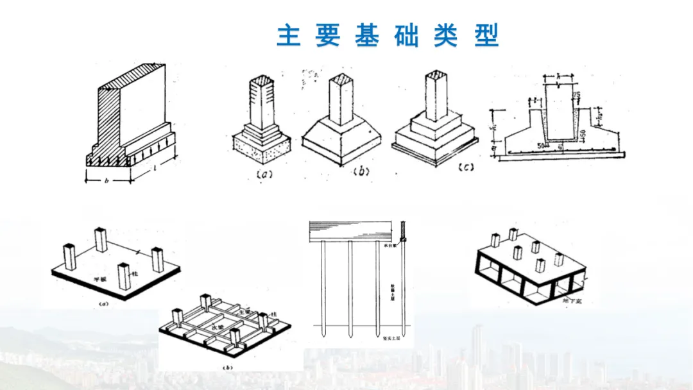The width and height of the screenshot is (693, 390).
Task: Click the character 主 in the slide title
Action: [289, 36]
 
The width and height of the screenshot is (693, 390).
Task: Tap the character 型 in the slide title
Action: [486, 36]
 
